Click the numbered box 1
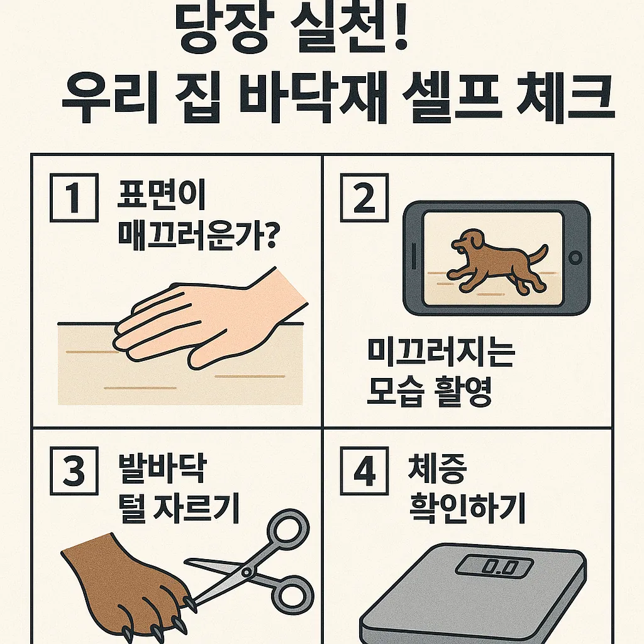[74, 197]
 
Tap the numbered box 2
[364, 198]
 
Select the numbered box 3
[74, 471]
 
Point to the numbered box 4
[364, 471]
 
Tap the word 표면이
[161, 195]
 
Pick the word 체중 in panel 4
[437, 469]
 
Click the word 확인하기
[467, 508]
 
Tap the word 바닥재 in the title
[313, 98]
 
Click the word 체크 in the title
[565, 98]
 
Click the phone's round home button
[575, 258]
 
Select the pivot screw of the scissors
[247, 572]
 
